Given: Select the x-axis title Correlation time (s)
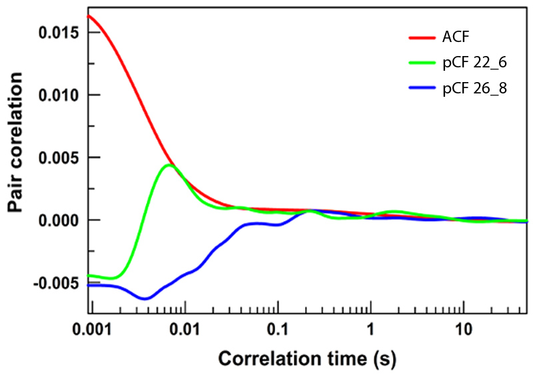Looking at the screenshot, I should (308, 359).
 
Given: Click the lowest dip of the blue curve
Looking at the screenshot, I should (145, 298).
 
